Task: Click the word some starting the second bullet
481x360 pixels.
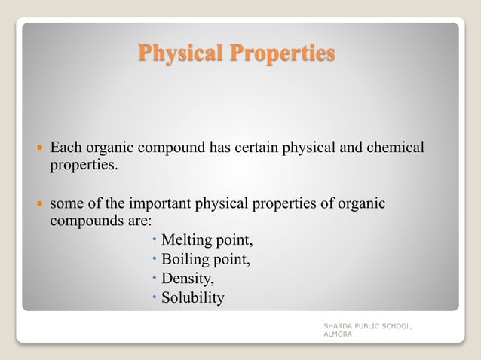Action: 66,203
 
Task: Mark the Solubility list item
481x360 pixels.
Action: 193,297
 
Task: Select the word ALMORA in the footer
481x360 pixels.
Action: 338,334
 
